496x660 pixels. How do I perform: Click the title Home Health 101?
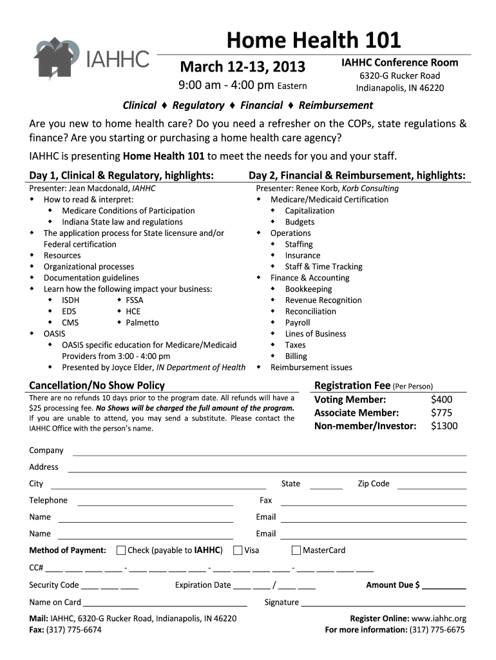(x=313, y=41)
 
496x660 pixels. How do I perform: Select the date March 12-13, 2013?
(x=242, y=67)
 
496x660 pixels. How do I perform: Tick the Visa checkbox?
(x=238, y=550)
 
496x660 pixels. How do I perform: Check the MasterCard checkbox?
(x=296, y=550)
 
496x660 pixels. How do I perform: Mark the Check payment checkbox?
(x=121, y=550)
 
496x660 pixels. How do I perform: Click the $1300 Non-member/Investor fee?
(x=444, y=425)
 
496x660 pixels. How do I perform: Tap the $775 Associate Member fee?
(x=441, y=412)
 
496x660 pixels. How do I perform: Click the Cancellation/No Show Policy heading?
(x=97, y=385)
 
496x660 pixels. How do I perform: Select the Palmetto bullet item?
(x=142, y=322)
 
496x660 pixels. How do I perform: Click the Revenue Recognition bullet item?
(x=323, y=300)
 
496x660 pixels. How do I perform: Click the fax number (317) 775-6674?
(x=74, y=630)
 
